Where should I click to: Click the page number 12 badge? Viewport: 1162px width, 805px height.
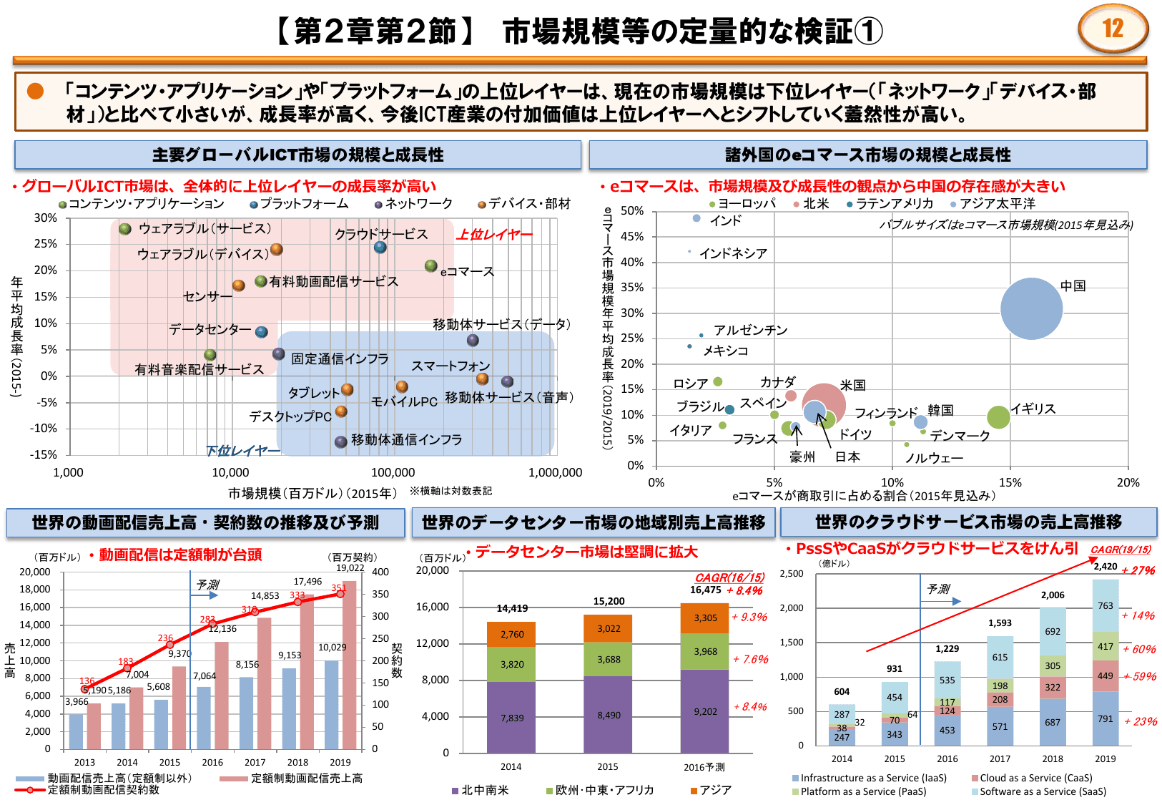click(x=1113, y=29)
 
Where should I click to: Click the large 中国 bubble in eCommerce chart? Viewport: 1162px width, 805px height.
click(x=1031, y=308)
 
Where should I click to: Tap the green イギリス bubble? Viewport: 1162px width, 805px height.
click(x=998, y=417)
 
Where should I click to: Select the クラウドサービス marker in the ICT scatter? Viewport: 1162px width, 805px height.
click(x=380, y=247)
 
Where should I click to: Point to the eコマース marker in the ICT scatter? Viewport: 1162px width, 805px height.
click(x=430, y=265)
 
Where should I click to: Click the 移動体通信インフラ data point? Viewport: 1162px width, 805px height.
click(x=341, y=441)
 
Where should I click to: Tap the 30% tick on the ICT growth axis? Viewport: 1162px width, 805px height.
click(x=46, y=218)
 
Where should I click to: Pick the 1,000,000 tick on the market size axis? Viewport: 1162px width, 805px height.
click(x=555, y=472)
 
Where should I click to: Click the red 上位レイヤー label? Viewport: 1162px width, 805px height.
click(x=495, y=235)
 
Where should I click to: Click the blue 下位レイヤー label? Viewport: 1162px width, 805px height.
click(x=242, y=450)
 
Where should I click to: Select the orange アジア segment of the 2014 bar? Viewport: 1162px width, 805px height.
click(x=511, y=634)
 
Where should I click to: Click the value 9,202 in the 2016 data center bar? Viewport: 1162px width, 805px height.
click(x=705, y=711)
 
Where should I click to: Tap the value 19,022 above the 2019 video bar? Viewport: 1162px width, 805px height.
click(x=350, y=568)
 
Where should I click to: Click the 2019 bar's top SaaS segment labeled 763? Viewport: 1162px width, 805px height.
click(x=1105, y=605)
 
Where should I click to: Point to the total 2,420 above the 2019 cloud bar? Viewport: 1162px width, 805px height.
click(x=1105, y=566)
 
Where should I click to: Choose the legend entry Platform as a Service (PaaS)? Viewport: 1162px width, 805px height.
click(x=862, y=791)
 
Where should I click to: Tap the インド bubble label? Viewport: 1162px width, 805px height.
click(x=725, y=220)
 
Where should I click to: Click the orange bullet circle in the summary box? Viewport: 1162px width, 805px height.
click(x=35, y=91)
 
